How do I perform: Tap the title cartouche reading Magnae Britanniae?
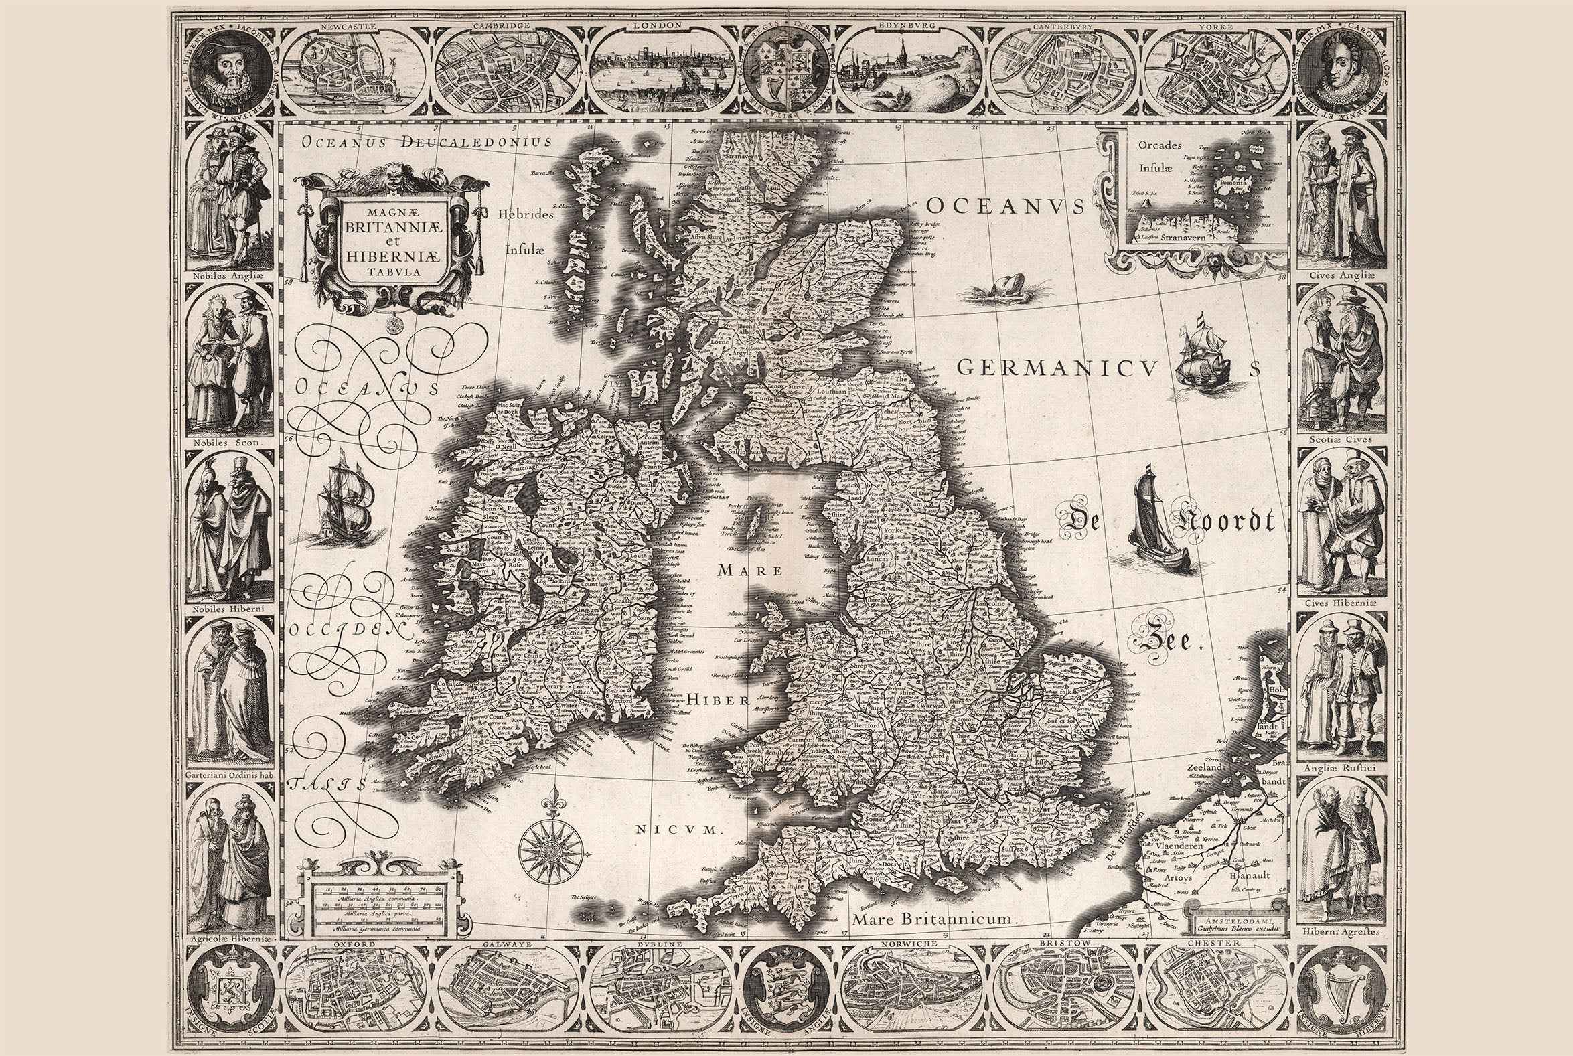point(392,240)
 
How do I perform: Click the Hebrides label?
point(526,215)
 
